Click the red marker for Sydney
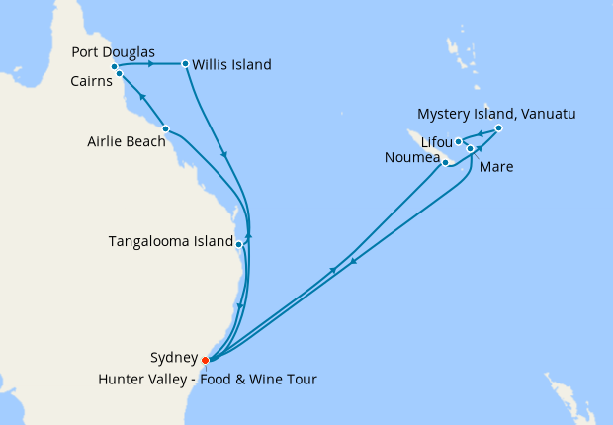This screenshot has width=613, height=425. [x=205, y=360]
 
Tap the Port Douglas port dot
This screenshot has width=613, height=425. [x=116, y=67]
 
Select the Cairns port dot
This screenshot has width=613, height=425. [x=119, y=74]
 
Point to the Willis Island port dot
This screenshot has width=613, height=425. [x=185, y=65]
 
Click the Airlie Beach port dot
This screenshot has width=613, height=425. [x=165, y=129]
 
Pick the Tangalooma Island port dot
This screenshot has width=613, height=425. [x=239, y=242]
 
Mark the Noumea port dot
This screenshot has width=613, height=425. [x=446, y=162]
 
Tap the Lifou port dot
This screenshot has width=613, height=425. [x=459, y=141]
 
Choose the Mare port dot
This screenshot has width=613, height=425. [x=471, y=149]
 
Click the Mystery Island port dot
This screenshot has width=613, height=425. [x=499, y=128]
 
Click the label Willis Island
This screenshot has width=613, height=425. [x=231, y=66]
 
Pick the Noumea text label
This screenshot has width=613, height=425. [x=412, y=156]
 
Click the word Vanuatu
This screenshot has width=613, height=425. [x=551, y=114]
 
